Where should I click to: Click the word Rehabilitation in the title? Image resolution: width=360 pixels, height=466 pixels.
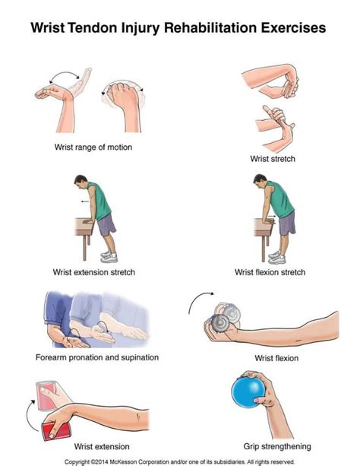click(x=210, y=28)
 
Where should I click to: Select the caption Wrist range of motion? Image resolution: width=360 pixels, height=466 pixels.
click(x=93, y=147)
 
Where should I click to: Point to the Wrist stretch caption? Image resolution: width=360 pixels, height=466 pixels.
click(x=273, y=159)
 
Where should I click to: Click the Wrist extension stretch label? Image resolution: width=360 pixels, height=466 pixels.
click(x=94, y=272)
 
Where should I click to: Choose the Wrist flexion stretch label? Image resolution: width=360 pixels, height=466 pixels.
click(x=270, y=272)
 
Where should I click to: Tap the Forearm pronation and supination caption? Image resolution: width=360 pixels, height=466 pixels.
click(x=97, y=357)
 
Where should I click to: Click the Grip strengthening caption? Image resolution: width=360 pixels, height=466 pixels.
click(x=277, y=446)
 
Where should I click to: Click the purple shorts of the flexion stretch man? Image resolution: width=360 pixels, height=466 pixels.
click(x=287, y=223)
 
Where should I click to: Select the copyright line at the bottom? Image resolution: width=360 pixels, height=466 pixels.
click(x=179, y=462)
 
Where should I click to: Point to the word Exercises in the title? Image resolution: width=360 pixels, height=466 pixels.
click(x=293, y=28)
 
